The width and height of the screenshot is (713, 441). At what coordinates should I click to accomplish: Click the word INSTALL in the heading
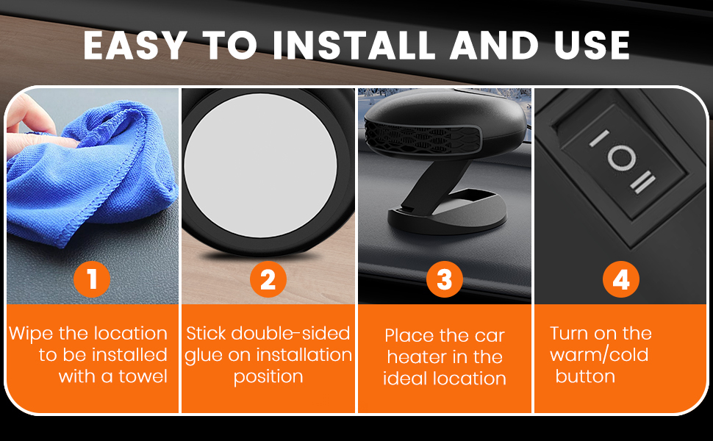point(354,46)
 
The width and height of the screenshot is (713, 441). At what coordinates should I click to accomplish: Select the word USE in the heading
point(592,46)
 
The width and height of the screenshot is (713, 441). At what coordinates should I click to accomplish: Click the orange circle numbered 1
point(92,279)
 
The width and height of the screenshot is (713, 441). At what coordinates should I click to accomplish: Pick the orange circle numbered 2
point(268,279)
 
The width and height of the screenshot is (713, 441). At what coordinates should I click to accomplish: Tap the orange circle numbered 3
point(445,279)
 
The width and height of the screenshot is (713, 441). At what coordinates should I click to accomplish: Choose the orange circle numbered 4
point(621,279)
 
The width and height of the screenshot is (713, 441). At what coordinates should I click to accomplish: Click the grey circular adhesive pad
point(260,165)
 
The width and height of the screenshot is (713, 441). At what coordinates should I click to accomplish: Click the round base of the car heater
point(447,212)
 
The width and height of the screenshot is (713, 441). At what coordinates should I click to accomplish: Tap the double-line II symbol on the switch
point(642,182)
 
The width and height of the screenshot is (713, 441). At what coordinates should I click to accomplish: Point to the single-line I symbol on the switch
point(599,138)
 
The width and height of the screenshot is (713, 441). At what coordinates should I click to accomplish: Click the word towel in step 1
point(143,376)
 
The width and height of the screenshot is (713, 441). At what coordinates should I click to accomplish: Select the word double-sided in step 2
point(290,333)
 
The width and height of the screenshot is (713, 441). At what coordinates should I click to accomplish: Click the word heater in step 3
point(417,357)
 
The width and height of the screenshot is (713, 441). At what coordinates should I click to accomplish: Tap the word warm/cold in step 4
point(599,354)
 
